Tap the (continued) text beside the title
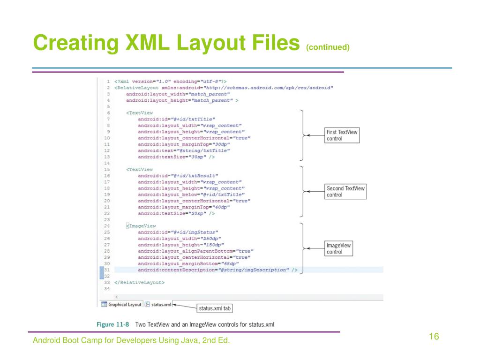click(328, 47)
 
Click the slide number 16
click(433, 337)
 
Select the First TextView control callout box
click(342, 135)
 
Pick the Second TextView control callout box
click(345, 191)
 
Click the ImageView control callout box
click(338, 248)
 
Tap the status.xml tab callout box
click(215, 308)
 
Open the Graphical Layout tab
click(121, 304)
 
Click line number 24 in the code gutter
click(107, 226)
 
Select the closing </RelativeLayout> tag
click(140, 283)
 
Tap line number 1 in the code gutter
click(108, 81)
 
